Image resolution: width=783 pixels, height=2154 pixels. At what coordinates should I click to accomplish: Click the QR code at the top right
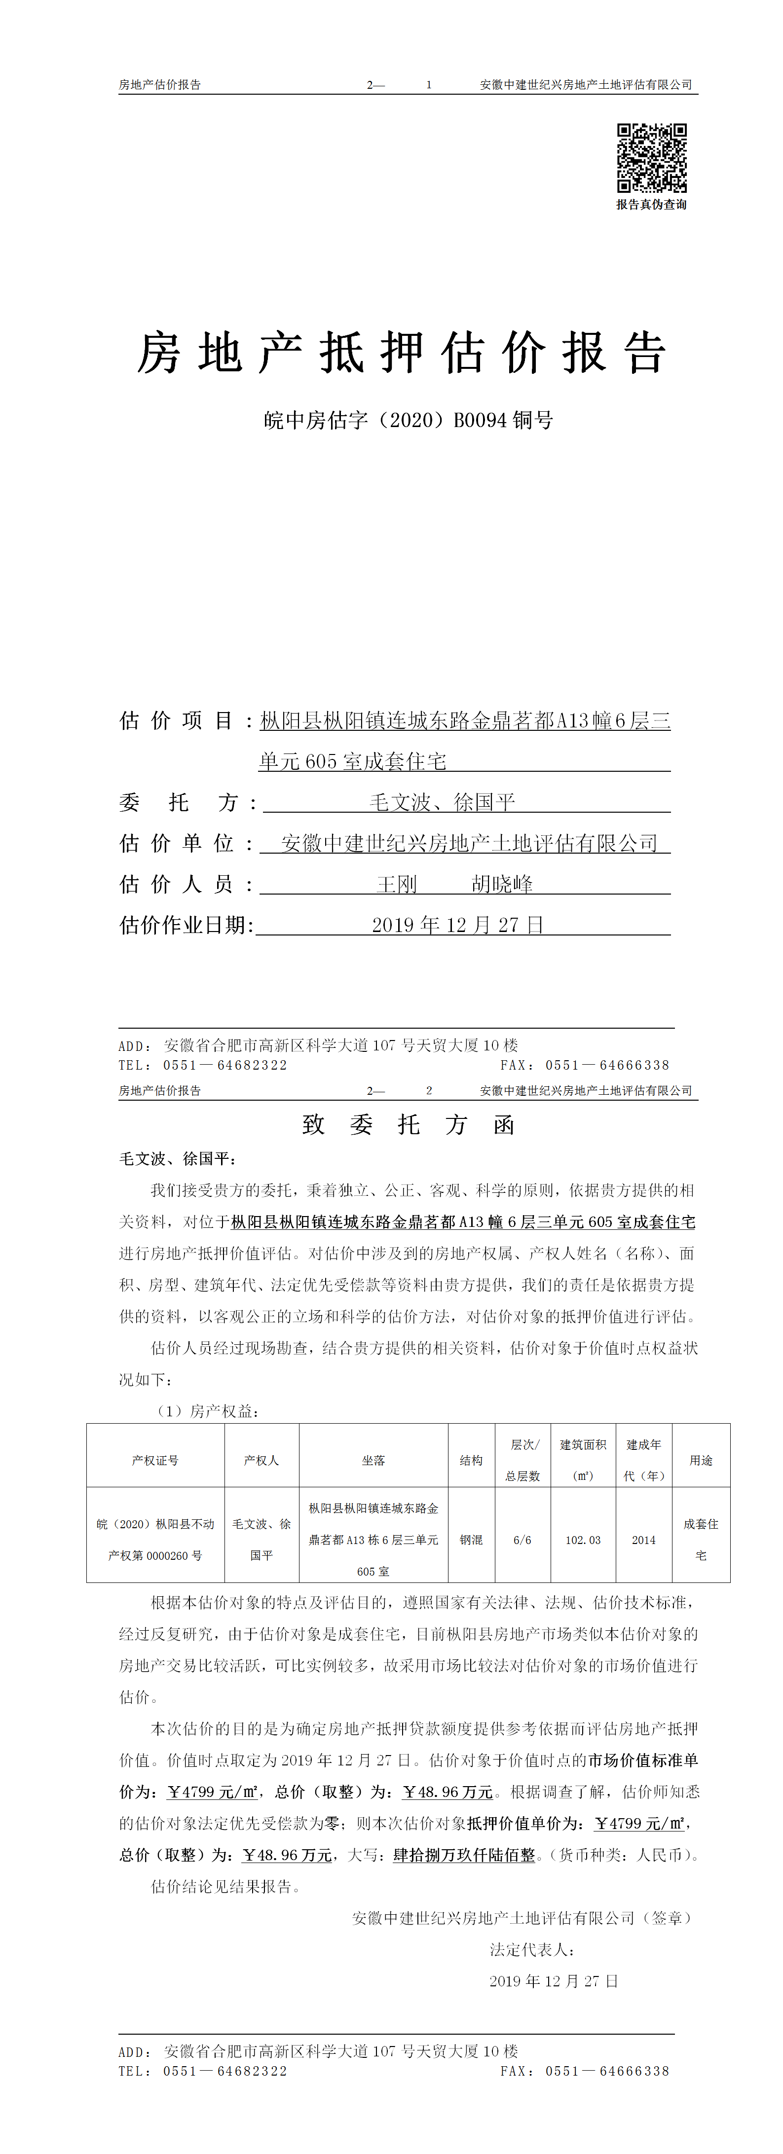click(x=652, y=158)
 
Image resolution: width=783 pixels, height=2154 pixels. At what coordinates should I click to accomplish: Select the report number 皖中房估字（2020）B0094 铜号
click(x=408, y=420)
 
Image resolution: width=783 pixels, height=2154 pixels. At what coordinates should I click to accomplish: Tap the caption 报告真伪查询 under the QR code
click(x=652, y=205)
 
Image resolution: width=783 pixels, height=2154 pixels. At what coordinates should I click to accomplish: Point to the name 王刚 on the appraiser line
click(x=397, y=884)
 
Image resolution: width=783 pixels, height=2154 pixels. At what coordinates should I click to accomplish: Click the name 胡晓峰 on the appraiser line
click(x=502, y=884)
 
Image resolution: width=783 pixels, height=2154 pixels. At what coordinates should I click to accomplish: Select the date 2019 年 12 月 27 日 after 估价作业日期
click(x=457, y=925)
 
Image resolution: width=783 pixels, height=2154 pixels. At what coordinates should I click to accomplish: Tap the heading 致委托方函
click(x=408, y=1125)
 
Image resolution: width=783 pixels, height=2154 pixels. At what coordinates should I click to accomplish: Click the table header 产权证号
click(x=155, y=1460)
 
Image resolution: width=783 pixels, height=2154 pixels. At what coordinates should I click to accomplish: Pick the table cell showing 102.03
click(x=583, y=1540)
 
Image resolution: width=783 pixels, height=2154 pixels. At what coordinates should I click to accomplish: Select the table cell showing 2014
click(x=643, y=1540)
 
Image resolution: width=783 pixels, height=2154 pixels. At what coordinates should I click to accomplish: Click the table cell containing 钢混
click(x=471, y=1540)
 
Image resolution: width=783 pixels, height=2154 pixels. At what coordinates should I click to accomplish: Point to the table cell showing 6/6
click(x=522, y=1540)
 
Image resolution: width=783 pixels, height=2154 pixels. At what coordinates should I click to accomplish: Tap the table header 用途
click(x=701, y=1460)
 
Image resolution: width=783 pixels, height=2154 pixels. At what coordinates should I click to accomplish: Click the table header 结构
click(x=471, y=1460)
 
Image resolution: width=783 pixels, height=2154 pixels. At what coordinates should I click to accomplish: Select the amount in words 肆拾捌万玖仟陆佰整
click(x=464, y=1855)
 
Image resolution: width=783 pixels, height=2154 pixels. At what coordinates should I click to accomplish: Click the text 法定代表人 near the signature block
click(x=532, y=1949)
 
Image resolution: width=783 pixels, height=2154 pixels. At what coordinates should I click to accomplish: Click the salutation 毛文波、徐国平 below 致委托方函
click(x=177, y=1159)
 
